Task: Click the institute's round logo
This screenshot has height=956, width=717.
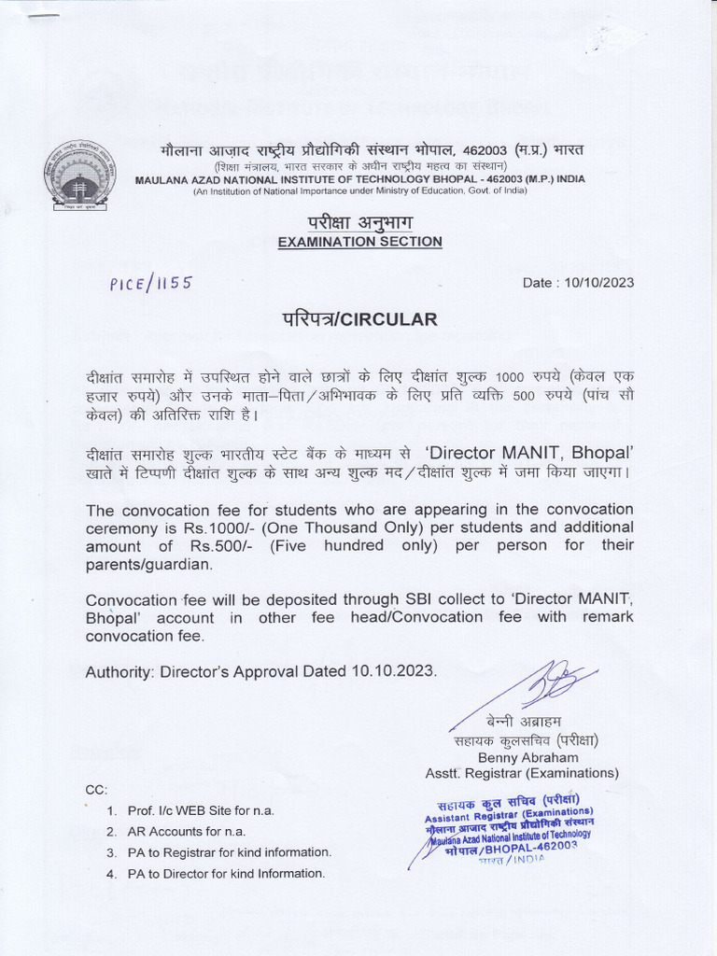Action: (x=81, y=175)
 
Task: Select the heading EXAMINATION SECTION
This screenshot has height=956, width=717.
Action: (x=360, y=242)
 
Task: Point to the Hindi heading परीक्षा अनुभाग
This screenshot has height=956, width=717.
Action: (x=360, y=222)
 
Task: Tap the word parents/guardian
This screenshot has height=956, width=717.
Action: (x=148, y=565)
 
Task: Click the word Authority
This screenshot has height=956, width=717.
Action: (x=119, y=671)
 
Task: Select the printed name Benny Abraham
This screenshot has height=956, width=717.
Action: (x=527, y=757)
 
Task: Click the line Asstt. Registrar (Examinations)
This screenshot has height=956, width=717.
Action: (x=522, y=773)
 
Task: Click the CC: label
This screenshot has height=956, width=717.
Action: (x=96, y=790)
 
